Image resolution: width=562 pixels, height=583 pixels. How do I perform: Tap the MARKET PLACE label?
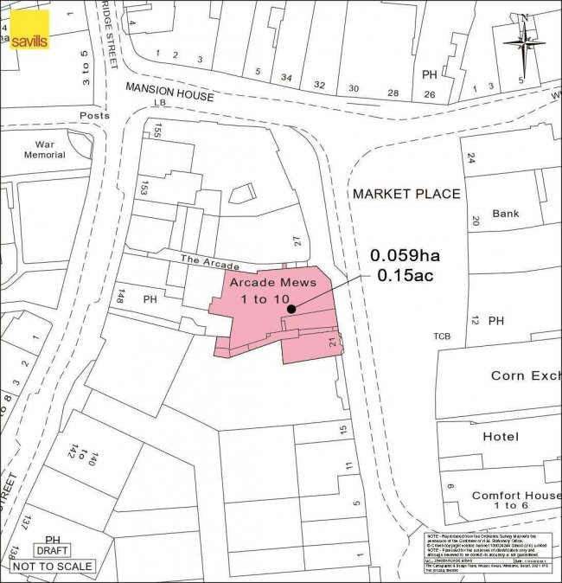pos(406,194)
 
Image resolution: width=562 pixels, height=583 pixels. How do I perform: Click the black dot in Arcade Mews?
pos(291,308)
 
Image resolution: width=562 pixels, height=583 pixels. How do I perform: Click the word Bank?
pos(505,213)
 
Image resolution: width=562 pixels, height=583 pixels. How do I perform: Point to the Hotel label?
pos(501,437)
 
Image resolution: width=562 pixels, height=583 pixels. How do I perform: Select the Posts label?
pos(94,115)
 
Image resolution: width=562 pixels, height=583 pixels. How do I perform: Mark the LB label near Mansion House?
pos(158,103)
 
